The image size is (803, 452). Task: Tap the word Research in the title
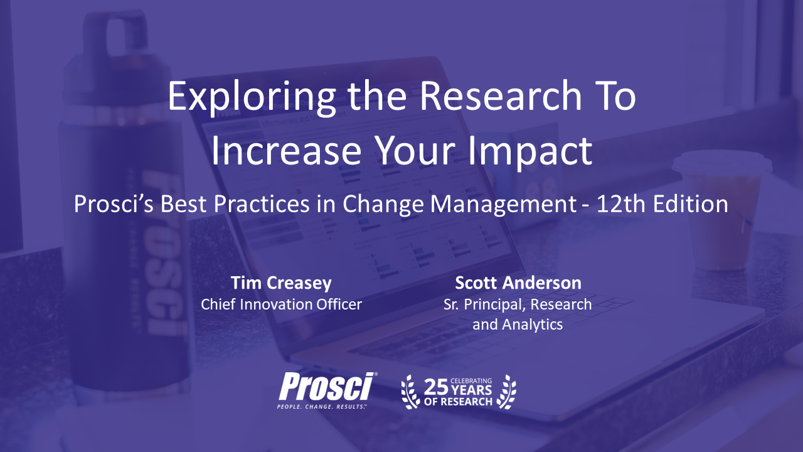click(501, 95)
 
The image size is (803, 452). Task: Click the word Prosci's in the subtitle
click(114, 204)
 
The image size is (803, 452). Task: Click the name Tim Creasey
click(281, 283)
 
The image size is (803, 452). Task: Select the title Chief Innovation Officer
click(281, 304)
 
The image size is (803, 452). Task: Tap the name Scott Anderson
click(518, 282)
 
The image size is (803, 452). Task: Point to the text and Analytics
click(518, 325)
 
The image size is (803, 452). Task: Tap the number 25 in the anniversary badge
click(436, 387)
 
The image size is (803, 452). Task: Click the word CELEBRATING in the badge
click(471, 380)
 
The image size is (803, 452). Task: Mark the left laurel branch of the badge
click(410, 392)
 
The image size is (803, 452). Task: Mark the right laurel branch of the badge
click(506, 392)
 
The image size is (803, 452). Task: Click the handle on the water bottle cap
click(117, 32)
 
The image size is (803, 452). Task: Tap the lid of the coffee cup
click(721, 163)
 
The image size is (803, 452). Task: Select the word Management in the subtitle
click(503, 204)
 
